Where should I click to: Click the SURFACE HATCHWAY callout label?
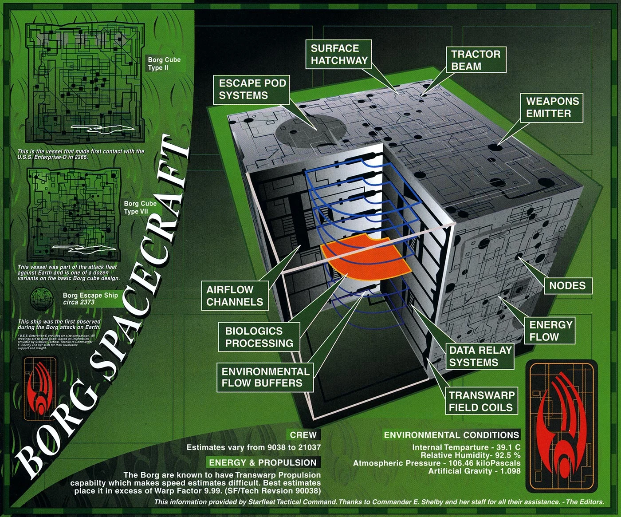[x=339, y=55]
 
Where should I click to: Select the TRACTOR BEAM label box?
[x=476, y=60]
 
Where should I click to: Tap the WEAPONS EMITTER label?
[x=552, y=107]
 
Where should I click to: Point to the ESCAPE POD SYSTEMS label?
[x=252, y=89]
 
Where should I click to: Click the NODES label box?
[x=567, y=286]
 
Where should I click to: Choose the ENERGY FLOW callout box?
[x=550, y=331]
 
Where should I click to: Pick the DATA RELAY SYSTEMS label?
[x=480, y=356]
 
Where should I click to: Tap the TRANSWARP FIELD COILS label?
[x=481, y=402]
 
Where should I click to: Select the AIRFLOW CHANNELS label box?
[x=235, y=296]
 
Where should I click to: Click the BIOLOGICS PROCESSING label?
[x=259, y=337]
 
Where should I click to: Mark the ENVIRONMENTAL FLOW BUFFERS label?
[x=265, y=378]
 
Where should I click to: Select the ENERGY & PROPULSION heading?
[x=263, y=462]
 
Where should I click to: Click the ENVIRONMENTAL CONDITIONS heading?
[x=451, y=435]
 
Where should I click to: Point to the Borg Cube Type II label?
[x=164, y=64]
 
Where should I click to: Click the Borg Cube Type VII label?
[x=140, y=208]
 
